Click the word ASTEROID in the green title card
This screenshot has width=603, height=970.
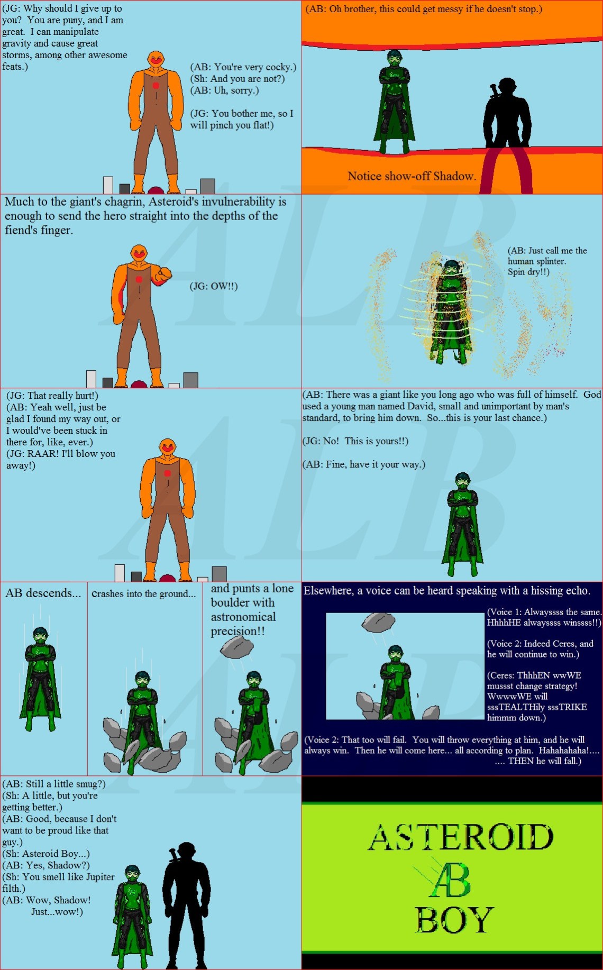pyautogui.click(x=461, y=837)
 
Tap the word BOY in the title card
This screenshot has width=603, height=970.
pyautogui.click(x=454, y=920)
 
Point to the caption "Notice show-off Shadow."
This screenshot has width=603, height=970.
pyautogui.click(x=412, y=176)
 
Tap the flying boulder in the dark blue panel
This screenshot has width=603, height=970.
pyautogui.click(x=378, y=623)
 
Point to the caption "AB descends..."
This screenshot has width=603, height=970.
pyautogui.click(x=43, y=593)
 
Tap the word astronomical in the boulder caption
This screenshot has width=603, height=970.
pyautogui.click(x=243, y=617)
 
